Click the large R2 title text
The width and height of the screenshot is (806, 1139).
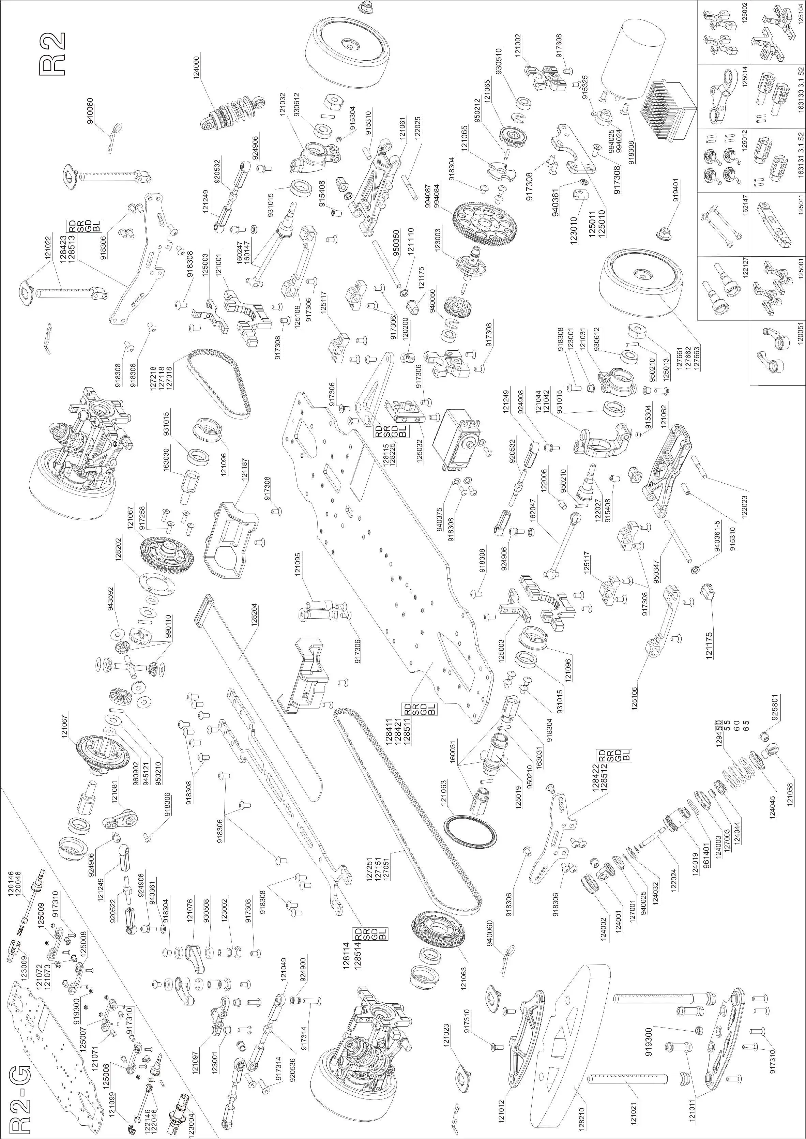click(x=52, y=55)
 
